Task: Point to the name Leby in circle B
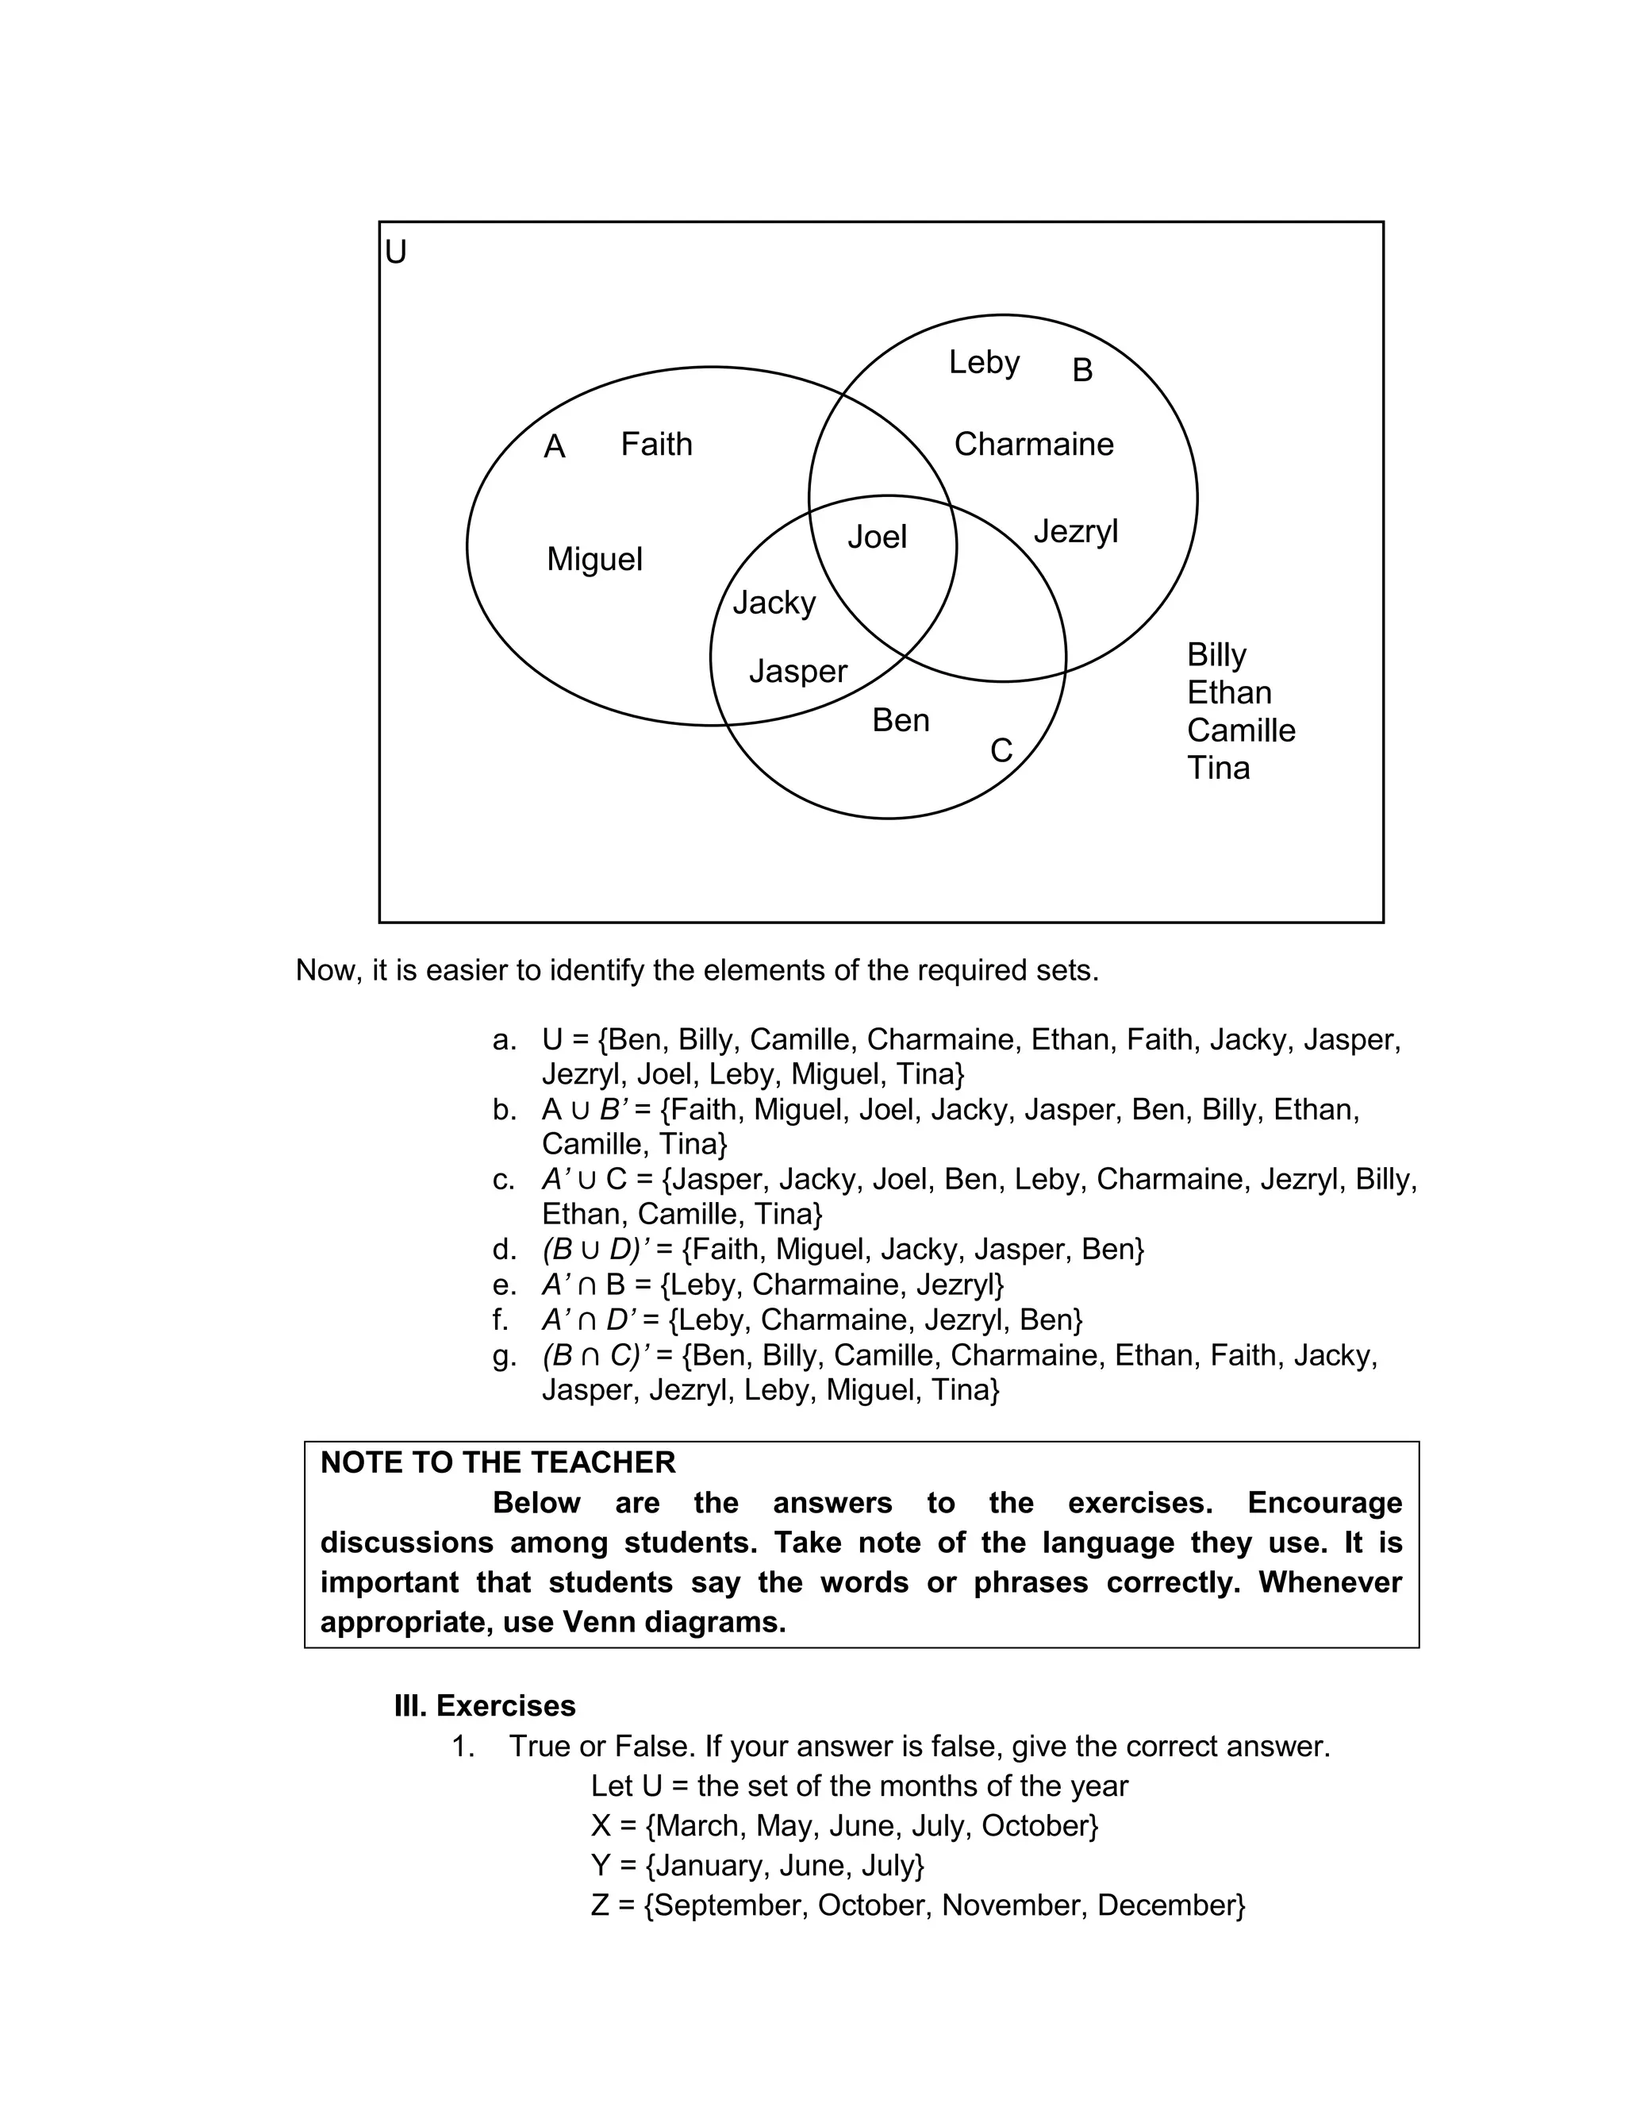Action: tap(984, 363)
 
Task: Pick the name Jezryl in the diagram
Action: tap(1076, 532)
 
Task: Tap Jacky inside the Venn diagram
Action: tap(774, 603)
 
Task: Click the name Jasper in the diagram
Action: tap(798, 672)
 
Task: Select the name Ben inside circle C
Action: tap(901, 721)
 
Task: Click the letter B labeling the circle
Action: tap(1082, 371)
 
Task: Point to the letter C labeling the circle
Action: tap(1001, 751)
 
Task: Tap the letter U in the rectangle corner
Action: tap(396, 252)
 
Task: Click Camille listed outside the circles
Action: tap(1241, 730)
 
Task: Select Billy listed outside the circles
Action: tap(1216, 655)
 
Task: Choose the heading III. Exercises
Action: tap(485, 1706)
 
